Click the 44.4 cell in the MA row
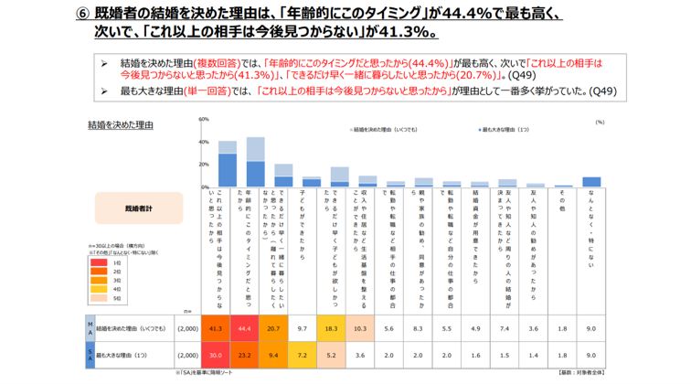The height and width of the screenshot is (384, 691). pos(245,327)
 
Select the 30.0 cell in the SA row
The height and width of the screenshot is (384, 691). pos(217,353)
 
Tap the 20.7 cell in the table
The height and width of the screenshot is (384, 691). pos(273,327)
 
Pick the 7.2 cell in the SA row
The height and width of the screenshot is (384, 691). pos(302,353)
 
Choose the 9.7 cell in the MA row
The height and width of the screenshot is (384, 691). pos(302,327)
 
